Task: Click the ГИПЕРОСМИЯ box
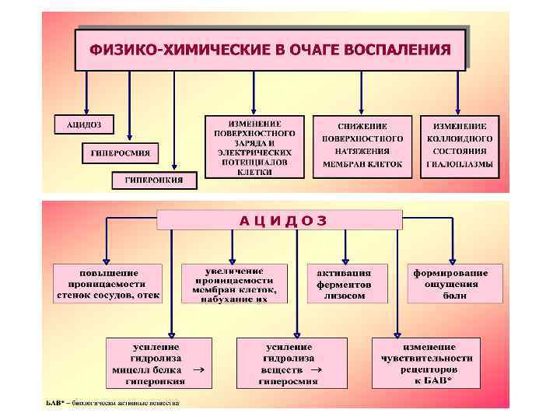tap(120, 152)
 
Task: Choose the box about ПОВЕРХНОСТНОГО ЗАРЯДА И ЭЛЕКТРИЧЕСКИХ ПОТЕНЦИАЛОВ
tap(256, 148)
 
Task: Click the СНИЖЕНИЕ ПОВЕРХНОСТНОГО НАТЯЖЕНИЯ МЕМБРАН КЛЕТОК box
tap(362, 145)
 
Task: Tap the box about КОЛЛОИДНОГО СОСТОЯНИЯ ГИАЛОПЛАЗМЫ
tap(460, 145)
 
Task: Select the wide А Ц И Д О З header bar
tap(280, 220)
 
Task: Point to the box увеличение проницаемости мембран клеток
tap(234, 284)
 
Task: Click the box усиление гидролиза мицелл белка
tap(159, 362)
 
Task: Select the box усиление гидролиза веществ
tap(290, 362)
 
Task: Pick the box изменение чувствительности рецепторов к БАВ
tap(427, 362)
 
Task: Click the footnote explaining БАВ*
tap(112, 403)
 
